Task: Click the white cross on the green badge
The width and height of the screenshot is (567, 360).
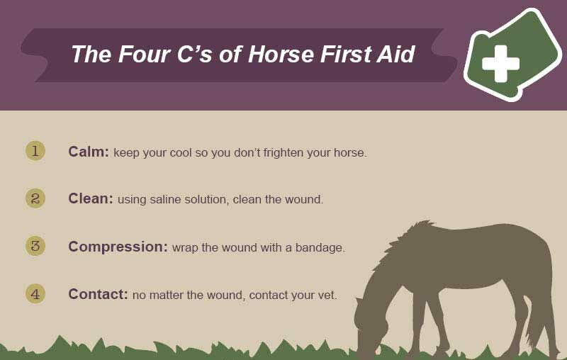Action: (x=501, y=64)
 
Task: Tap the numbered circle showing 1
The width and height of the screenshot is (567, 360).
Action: (x=35, y=151)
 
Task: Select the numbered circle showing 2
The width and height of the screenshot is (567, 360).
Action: (x=35, y=198)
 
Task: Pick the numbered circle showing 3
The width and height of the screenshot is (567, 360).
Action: (x=35, y=246)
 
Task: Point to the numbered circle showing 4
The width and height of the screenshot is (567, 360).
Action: (x=35, y=294)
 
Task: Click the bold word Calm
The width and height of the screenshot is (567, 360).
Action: (x=88, y=152)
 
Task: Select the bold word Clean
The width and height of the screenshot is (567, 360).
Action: (x=91, y=198)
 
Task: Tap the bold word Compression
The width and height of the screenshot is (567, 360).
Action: (x=118, y=247)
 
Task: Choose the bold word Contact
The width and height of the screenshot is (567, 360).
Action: (x=98, y=294)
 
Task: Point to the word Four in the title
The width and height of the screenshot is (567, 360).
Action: (x=144, y=55)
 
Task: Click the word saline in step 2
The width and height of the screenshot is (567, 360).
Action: (x=165, y=200)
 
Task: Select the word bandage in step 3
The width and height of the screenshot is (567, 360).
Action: (x=320, y=248)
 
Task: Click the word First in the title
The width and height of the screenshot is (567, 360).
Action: (x=344, y=55)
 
